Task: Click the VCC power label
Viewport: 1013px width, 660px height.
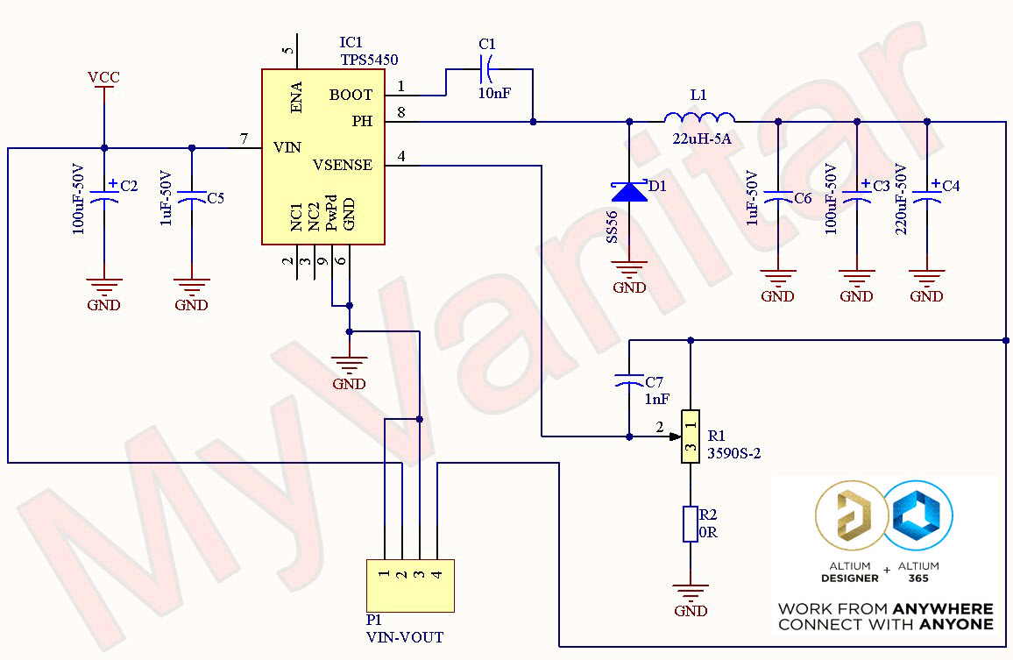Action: coord(103,77)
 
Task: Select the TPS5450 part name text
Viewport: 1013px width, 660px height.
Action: coord(369,60)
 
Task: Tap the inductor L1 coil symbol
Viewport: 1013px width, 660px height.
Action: coord(698,118)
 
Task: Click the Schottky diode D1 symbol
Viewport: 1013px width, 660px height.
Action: coord(629,190)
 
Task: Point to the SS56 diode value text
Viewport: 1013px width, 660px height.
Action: coord(612,226)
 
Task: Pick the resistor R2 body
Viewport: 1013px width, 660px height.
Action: coord(691,523)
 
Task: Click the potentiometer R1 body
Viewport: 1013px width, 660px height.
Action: coord(691,436)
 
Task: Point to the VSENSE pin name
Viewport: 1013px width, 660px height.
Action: coord(342,165)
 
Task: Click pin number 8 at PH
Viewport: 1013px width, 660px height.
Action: coord(400,112)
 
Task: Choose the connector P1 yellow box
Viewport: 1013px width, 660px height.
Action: coord(410,585)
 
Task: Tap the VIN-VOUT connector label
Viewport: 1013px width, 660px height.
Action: coord(404,637)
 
